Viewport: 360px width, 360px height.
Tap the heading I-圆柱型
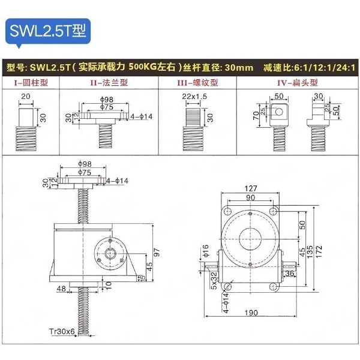coord(29,83)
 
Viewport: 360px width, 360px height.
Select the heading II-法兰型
coord(105,83)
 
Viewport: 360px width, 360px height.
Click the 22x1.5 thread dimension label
coord(194,96)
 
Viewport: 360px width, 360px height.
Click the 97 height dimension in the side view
coord(157,252)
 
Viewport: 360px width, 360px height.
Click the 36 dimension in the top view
coord(289,274)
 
